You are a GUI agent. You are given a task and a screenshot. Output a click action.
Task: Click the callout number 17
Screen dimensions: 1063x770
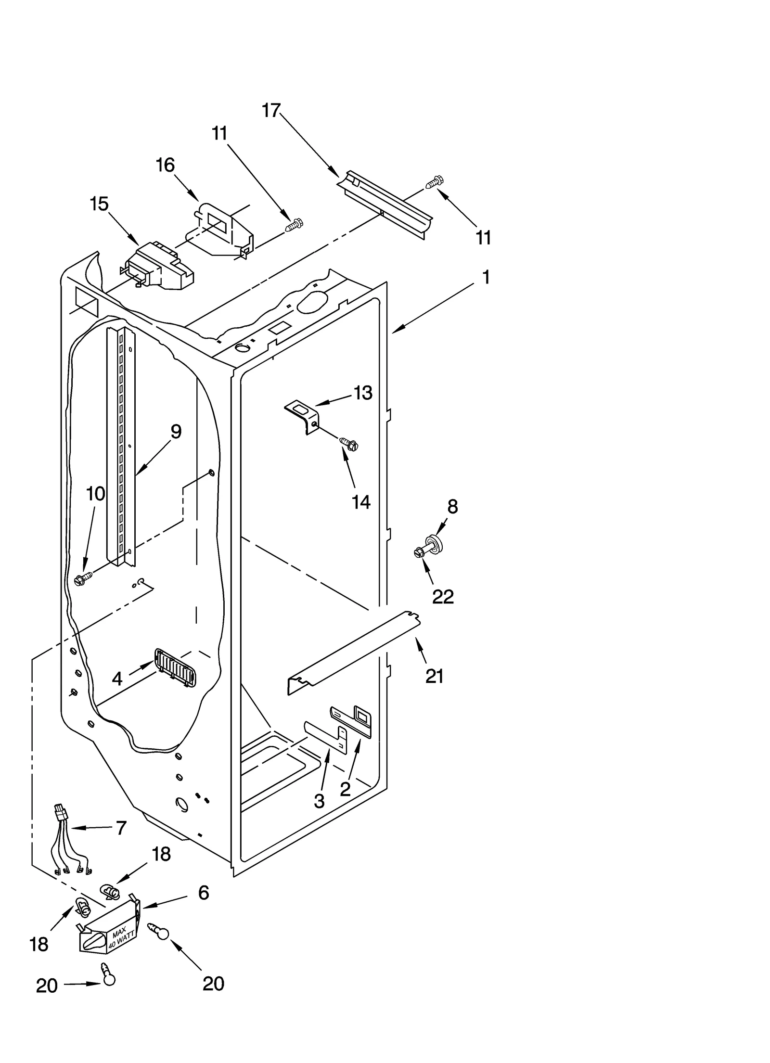[x=271, y=111]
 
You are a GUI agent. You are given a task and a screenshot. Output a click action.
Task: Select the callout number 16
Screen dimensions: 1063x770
[x=165, y=165]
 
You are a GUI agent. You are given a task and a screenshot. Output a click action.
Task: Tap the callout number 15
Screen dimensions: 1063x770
[x=99, y=204]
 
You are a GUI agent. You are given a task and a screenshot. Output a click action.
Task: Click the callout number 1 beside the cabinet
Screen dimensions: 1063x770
[x=486, y=277]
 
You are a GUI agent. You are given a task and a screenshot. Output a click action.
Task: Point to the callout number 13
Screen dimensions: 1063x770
[x=363, y=393]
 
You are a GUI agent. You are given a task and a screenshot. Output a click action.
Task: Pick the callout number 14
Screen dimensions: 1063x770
[x=361, y=502]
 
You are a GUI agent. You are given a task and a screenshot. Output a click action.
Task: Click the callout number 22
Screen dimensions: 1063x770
[x=443, y=597]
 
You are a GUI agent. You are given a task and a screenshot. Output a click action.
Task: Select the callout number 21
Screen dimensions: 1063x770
[x=434, y=677]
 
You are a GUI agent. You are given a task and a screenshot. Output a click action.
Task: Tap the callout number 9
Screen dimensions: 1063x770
[x=176, y=432]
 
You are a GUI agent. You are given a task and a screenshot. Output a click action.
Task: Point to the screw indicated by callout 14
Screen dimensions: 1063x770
[x=349, y=444]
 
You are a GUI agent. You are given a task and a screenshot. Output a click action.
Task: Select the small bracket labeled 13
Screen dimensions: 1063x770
[x=301, y=414]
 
